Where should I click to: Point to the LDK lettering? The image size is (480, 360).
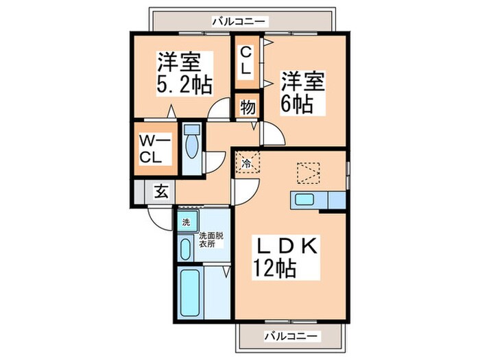287,244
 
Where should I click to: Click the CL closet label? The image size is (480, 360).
245,60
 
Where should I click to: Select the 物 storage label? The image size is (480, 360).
247,108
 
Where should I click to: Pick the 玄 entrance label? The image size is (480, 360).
160,191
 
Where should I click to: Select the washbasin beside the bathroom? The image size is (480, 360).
185,248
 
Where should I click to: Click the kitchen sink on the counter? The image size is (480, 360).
303,200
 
